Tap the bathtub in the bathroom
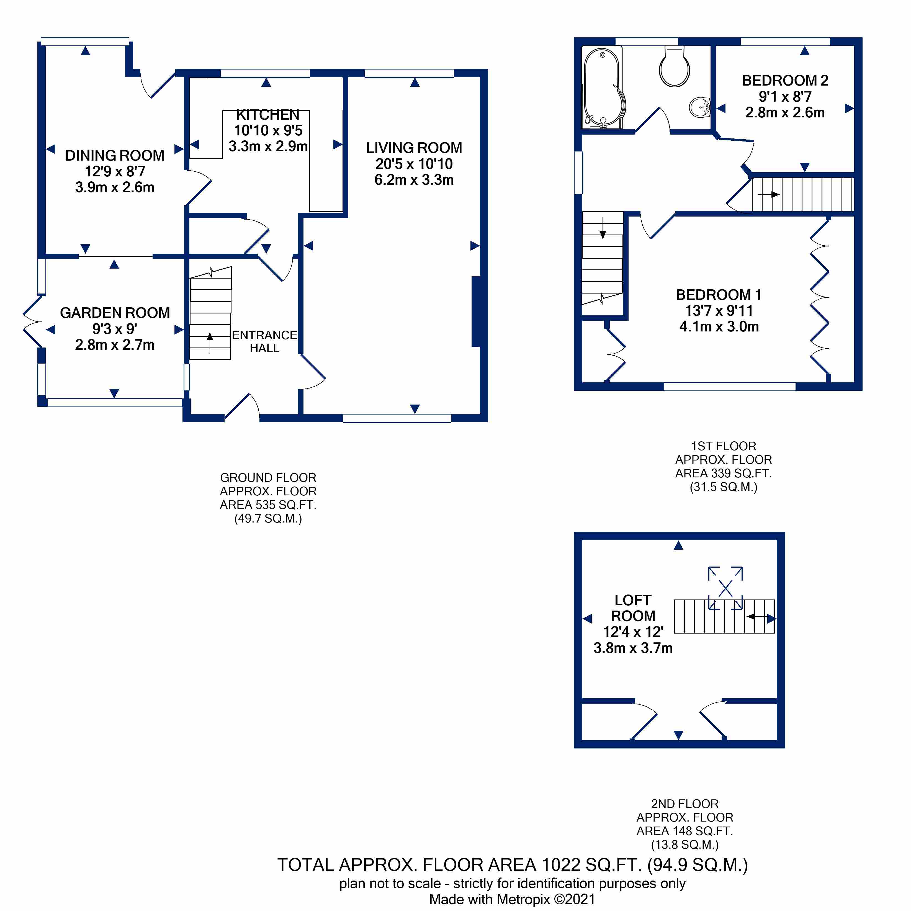[603, 88]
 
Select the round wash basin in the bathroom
[700, 107]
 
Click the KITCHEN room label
[267, 115]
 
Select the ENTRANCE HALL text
[264, 341]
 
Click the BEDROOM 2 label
[785, 81]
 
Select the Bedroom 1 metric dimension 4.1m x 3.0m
[719, 326]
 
